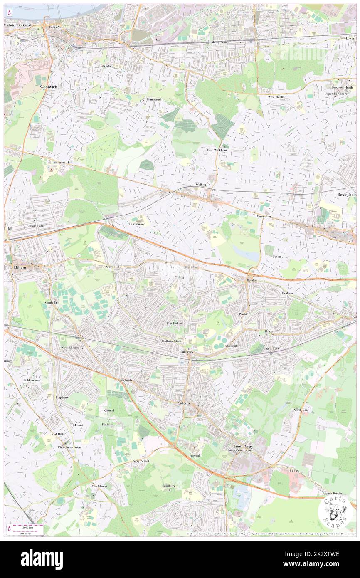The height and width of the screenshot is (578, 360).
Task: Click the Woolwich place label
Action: click(x=48, y=86)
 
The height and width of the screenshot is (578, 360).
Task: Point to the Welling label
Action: click(x=201, y=185)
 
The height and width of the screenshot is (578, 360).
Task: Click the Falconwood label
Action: click(x=137, y=224)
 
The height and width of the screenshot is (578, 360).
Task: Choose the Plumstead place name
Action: click(x=153, y=99)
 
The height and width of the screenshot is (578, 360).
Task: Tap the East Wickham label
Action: click(x=217, y=150)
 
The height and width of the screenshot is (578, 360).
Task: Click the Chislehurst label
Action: click(x=99, y=486)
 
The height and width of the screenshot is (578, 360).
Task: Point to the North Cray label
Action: click(x=301, y=410)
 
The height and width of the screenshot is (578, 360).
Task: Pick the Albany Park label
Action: click(x=271, y=348)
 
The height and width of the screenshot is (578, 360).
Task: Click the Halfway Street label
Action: click(x=172, y=341)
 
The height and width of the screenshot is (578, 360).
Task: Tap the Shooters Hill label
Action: click(x=62, y=163)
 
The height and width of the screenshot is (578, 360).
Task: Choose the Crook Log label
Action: click(x=264, y=216)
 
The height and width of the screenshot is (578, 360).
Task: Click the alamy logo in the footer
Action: click(x=42, y=559)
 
